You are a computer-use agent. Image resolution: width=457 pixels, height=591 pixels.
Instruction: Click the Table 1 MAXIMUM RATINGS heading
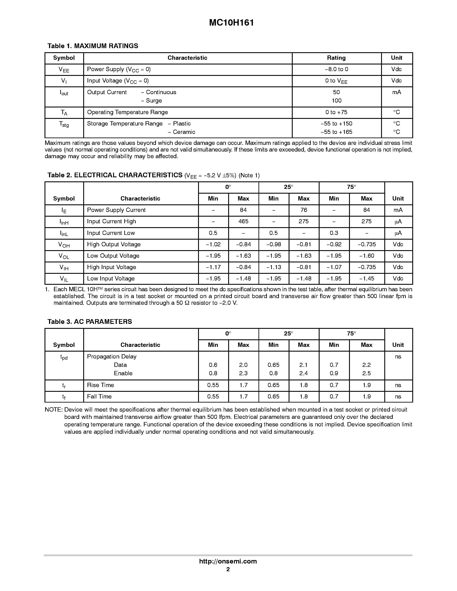pyautogui.click(x=93, y=46)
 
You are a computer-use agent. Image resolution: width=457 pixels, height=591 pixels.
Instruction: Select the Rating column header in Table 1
pyautogui.click(x=336, y=58)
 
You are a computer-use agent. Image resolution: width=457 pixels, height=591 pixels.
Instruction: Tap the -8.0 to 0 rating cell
pyautogui.click(x=336, y=69)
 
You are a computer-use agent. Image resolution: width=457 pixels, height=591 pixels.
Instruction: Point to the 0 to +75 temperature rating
pyautogui.click(x=336, y=112)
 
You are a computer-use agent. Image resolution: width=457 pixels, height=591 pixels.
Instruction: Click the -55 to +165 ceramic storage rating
pyautogui.click(x=336, y=132)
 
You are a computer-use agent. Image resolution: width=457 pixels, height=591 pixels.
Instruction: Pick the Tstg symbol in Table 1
pyautogui.click(x=64, y=124)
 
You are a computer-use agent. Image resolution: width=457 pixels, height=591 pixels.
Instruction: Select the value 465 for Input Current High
pyautogui.click(x=243, y=221)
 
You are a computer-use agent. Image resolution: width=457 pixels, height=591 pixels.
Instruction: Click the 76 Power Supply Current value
pyautogui.click(x=303, y=210)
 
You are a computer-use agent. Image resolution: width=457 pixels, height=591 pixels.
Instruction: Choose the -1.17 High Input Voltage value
pyautogui.click(x=213, y=267)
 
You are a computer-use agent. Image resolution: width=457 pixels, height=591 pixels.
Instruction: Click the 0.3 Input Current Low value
pyautogui.click(x=334, y=233)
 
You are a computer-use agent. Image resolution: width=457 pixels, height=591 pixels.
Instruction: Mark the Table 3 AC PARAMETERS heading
pyautogui.click(x=90, y=322)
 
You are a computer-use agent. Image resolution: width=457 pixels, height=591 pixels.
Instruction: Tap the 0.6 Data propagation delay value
pyautogui.click(x=213, y=365)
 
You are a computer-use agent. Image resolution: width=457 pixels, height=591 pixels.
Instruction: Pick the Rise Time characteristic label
pyautogui.click(x=100, y=385)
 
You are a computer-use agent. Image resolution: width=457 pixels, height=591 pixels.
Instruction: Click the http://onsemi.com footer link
pyautogui.click(x=228, y=561)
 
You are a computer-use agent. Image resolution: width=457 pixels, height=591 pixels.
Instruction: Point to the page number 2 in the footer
pyautogui.click(x=228, y=569)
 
